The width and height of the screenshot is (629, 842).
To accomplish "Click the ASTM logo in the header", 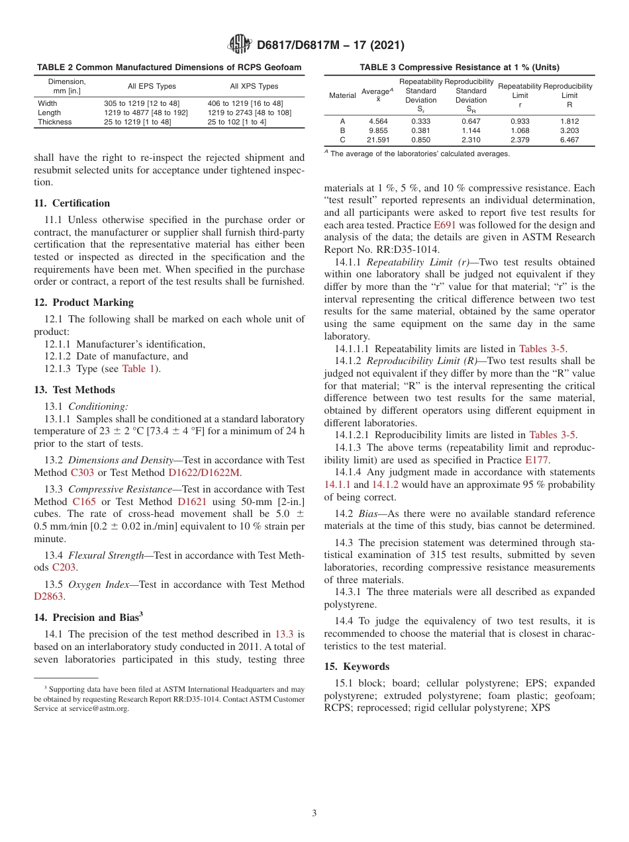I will (x=239, y=45).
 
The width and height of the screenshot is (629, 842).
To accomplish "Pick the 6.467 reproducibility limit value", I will (x=569, y=140).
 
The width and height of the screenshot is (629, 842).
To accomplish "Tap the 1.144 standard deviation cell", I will (x=471, y=131).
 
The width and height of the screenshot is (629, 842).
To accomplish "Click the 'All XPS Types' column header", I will (x=254, y=86).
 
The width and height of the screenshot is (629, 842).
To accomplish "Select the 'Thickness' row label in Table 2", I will (x=55, y=122).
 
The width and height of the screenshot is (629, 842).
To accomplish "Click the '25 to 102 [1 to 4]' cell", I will (x=236, y=122).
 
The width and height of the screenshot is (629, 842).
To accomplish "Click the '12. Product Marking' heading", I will (x=83, y=303).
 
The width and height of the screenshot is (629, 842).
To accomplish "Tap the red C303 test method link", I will (x=83, y=473).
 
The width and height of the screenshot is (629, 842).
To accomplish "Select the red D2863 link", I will (x=48, y=596).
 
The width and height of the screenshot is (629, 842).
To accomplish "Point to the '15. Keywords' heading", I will (x=357, y=667).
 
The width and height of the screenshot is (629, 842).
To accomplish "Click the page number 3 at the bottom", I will (x=314, y=814).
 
